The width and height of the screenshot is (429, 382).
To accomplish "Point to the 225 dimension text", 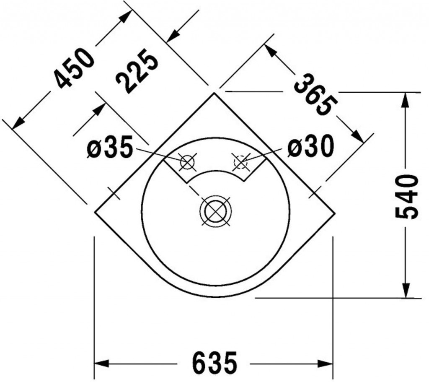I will pos(137,70).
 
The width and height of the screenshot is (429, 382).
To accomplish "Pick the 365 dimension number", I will pos(315,95).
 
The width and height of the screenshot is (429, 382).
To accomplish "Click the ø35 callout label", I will pos(110,148).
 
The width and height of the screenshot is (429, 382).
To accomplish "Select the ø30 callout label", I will pos(310,147).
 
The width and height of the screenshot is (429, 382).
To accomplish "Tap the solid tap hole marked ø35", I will pos(187,161).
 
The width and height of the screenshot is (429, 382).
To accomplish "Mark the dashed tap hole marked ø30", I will pos(241,161).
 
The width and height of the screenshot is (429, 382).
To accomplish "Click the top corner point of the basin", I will pos(214,93).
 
